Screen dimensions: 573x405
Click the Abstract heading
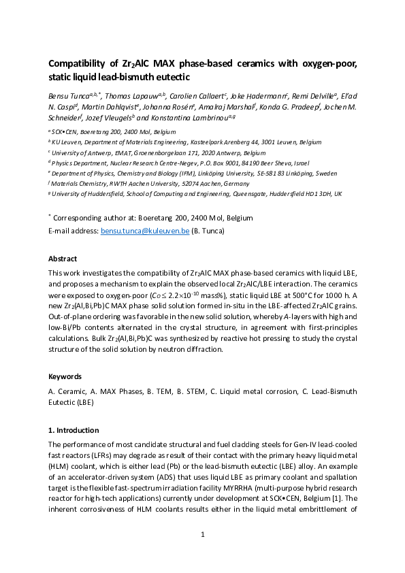[63, 259]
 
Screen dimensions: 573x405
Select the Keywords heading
[65, 376]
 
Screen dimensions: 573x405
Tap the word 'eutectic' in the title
[127, 78]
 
